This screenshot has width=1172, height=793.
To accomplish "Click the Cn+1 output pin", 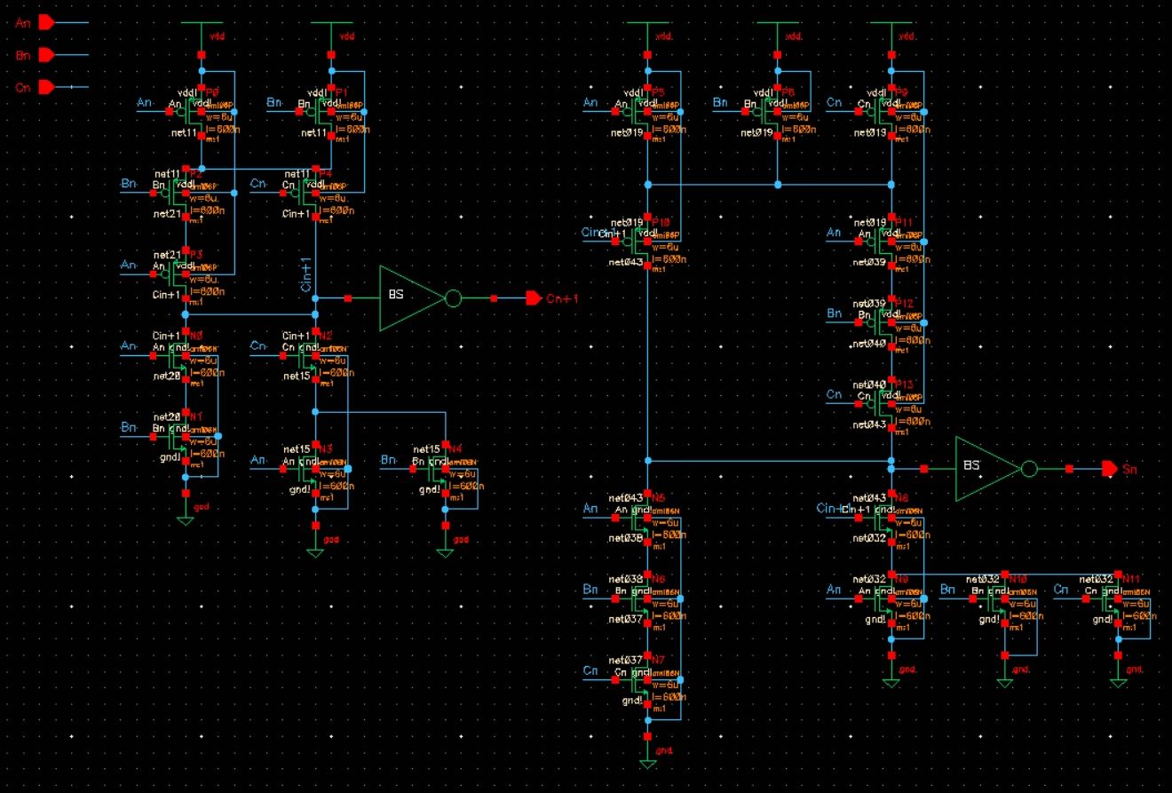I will [x=534, y=297].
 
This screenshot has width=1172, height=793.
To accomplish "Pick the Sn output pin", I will [x=1109, y=468].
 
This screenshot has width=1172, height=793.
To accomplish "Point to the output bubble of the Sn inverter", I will [x=1029, y=468].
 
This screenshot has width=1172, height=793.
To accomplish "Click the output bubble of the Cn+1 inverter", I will [x=453, y=298].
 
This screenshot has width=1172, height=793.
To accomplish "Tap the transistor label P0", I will [x=211, y=91].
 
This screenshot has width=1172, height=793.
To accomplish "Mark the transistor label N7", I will [x=657, y=661].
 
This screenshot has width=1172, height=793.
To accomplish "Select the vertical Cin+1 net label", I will [x=306, y=274].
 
